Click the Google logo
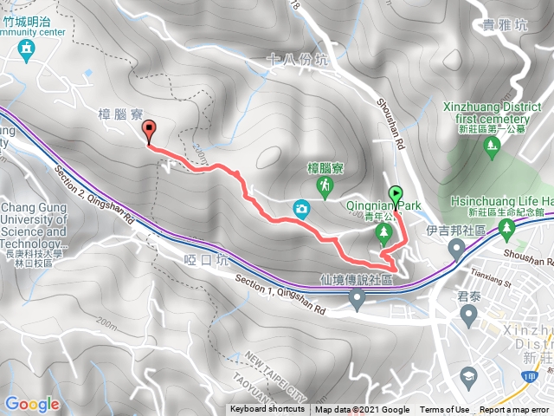[x=32, y=404]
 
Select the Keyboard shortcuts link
[x=267, y=410]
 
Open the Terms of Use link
[x=445, y=410]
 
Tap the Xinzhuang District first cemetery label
[x=486, y=114]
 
